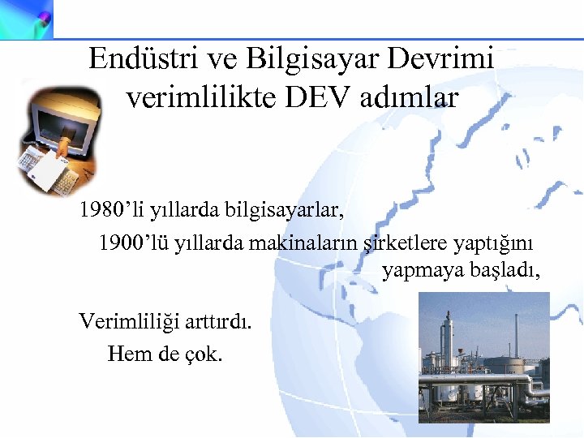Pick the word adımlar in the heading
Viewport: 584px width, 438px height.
(413, 98)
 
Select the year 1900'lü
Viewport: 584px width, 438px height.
(134, 243)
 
